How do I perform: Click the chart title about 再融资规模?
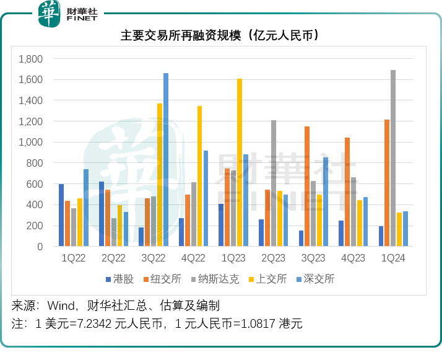tap(220, 35)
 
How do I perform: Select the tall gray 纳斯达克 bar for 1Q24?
tap(393, 158)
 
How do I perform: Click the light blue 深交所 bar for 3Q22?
tap(166, 159)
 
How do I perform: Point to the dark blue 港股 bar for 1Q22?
tap(61, 215)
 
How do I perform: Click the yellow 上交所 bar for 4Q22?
tap(199, 176)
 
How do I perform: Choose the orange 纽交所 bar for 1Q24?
tap(387, 183)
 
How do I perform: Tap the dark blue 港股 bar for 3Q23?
tap(301, 239)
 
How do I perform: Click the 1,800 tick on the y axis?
tap(30, 59)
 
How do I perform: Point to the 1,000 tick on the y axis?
tap(30, 142)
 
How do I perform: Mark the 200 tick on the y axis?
tap(35, 226)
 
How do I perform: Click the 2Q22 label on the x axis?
tap(114, 258)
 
